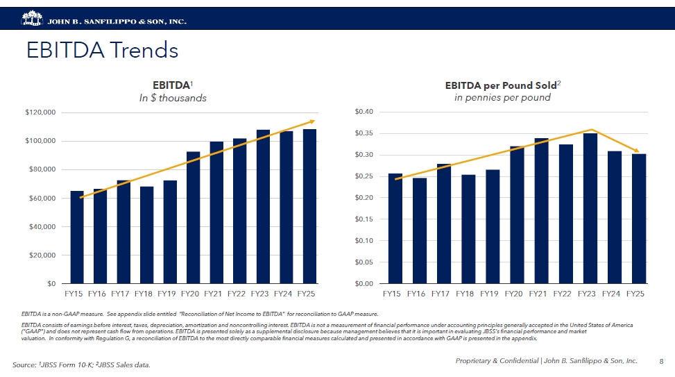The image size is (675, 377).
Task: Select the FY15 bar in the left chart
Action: (77, 237)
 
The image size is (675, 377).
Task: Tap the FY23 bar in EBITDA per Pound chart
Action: (590, 208)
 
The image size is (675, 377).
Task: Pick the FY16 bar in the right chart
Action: (420, 231)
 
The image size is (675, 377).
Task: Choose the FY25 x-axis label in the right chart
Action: (635, 294)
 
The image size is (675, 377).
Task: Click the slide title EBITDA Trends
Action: (102, 51)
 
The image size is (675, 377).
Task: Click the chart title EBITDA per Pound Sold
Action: (502, 85)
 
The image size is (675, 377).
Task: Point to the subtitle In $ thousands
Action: (173, 98)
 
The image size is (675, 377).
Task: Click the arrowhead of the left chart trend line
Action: (312, 122)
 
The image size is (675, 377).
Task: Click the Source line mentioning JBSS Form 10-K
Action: (81, 365)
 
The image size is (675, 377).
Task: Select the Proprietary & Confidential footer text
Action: (546, 361)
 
